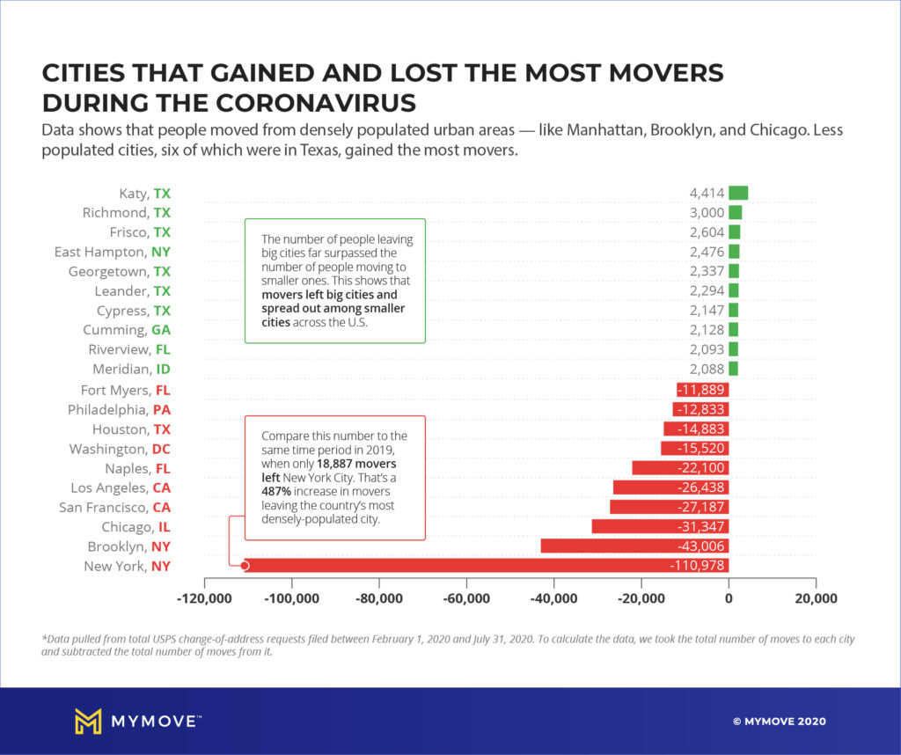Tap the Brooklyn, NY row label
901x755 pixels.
tap(128, 546)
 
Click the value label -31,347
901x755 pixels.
tap(700, 526)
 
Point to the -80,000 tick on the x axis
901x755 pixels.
tap(379, 598)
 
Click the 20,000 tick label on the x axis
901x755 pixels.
tap(816, 598)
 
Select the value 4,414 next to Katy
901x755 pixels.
tap(707, 193)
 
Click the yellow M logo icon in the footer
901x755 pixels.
tap(88, 722)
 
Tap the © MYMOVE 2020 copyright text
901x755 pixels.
tap(779, 722)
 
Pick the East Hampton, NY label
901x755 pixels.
tap(112, 252)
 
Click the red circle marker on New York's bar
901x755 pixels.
tap(245, 566)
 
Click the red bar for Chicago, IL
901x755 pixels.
tap(660, 526)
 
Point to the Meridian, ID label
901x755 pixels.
tap(132, 369)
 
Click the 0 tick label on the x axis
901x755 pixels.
tap(729, 598)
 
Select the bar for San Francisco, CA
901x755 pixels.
tap(669, 507)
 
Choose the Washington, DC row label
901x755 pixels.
tap(120, 448)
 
